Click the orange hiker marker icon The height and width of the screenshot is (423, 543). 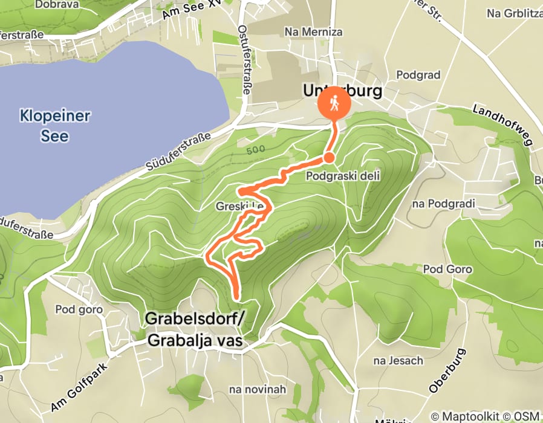tap(334, 104)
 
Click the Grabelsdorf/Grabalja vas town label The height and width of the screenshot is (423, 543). tap(194, 330)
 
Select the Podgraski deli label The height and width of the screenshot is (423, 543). tap(342, 176)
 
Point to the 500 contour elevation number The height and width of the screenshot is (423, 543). tap(256, 149)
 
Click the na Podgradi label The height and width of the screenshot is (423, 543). tap(443, 204)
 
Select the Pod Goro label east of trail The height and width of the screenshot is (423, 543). tap(447, 268)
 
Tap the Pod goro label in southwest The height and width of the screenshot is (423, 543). tap(79, 309)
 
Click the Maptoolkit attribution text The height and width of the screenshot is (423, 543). tap(472, 416)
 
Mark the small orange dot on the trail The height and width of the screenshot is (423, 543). tap(328, 157)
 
